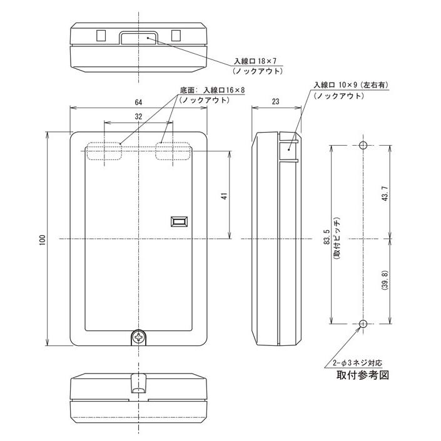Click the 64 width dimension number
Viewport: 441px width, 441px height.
tap(138, 102)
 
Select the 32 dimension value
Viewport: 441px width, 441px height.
tap(138, 116)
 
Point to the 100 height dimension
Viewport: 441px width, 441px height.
tap(43, 240)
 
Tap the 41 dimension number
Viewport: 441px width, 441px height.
tap(224, 196)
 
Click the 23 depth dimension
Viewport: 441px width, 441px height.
tap(275, 101)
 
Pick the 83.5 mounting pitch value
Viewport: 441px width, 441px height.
tap(327, 237)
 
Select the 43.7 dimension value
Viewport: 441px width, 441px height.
tap(385, 193)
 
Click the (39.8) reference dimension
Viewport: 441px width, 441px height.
tap(385, 280)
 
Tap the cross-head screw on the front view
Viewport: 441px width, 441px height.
tap(138, 337)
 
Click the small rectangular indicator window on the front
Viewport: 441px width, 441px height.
tap(179, 221)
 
